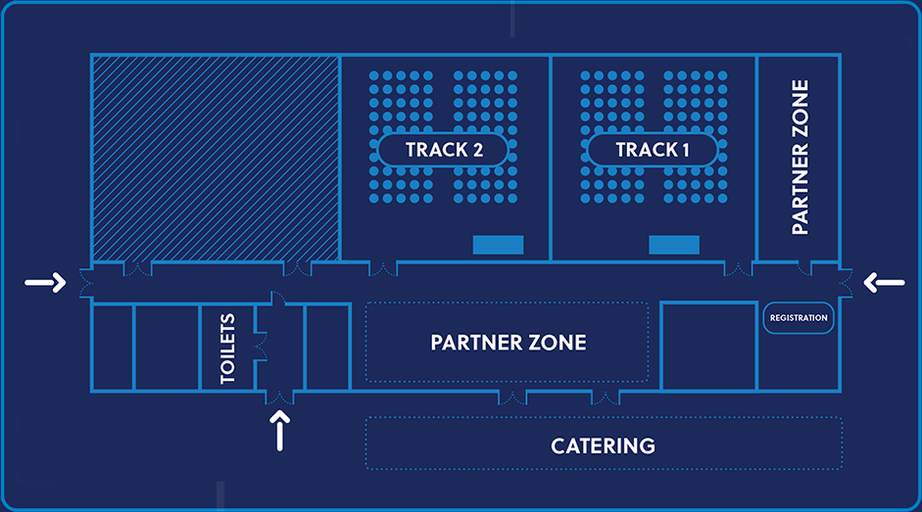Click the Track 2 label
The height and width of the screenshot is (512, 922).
click(443, 150)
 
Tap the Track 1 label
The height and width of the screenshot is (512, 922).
click(652, 150)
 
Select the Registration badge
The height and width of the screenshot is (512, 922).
click(799, 318)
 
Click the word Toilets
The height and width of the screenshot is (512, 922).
click(227, 349)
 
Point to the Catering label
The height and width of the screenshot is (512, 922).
click(603, 446)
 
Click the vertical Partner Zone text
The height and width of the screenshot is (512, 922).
click(800, 157)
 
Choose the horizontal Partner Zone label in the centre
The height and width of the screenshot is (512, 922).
click(508, 343)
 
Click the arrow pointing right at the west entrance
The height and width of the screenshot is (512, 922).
click(45, 284)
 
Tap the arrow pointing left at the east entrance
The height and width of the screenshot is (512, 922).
click(885, 284)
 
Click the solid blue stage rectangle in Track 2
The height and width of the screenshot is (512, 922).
click(498, 245)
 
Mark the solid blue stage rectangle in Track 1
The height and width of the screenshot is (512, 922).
click(674, 245)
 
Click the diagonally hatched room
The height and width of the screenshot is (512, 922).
click(216, 157)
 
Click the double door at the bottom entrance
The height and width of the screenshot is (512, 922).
click(281, 396)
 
